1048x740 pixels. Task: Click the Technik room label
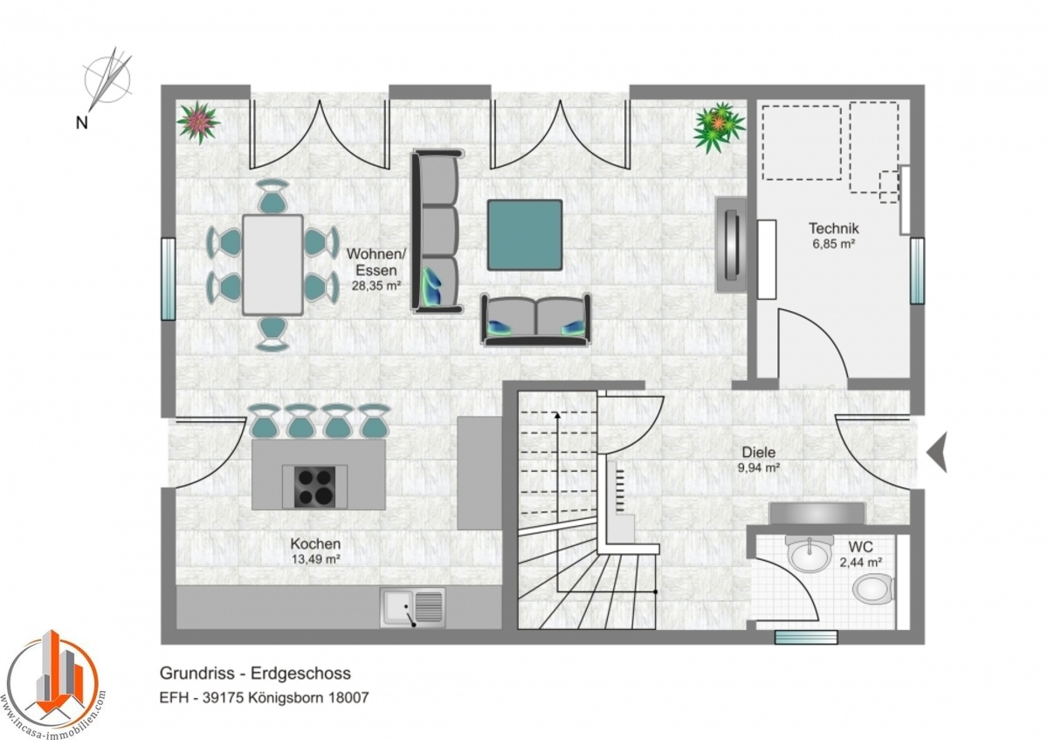point(834,228)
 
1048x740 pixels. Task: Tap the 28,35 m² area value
point(376,286)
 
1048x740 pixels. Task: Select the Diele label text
point(759,453)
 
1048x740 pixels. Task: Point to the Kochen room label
point(315,544)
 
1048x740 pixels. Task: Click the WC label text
point(861,547)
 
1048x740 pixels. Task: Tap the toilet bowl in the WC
point(873,588)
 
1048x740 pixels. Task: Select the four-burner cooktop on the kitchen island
point(315,487)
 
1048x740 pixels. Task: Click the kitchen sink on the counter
point(412,607)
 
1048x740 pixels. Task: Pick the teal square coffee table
point(525,235)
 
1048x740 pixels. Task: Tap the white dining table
point(272,265)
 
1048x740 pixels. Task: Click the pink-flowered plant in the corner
point(198,122)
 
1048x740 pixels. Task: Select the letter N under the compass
point(82,123)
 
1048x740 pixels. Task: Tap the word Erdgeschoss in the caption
point(300,673)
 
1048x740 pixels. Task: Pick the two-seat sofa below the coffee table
point(536,321)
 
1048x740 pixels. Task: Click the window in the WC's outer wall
point(806,637)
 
